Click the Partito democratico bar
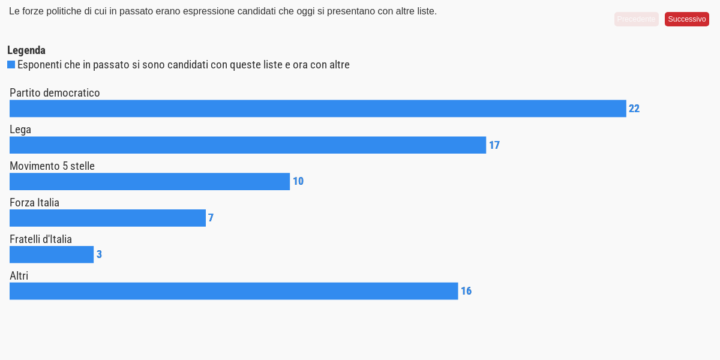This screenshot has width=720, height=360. pos(317,109)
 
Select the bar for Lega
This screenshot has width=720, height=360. pos(247,145)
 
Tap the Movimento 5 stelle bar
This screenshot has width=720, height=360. pos(149,182)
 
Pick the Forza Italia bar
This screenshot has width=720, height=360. pos(107,218)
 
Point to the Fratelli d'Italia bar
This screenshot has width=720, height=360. pos(52,254)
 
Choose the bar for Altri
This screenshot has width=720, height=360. pos(233,291)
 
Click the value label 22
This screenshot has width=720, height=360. pos(634,109)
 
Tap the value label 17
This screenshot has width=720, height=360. pos(494,145)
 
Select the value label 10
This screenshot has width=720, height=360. pos(298,182)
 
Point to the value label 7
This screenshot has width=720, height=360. pos(211,218)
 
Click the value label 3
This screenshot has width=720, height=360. pos(100,254)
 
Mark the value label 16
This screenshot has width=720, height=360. pos(466,291)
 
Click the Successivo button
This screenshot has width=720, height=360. pos(687,19)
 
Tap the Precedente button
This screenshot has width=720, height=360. pos(636,19)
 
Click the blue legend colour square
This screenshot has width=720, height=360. pos(11,65)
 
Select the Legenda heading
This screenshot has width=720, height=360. pos(26,50)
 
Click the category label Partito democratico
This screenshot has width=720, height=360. pos(55,93)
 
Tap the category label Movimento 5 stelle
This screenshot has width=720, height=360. pos(52,166)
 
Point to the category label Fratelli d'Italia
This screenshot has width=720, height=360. pos(41,239)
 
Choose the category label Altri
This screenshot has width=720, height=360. pos(19,276)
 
